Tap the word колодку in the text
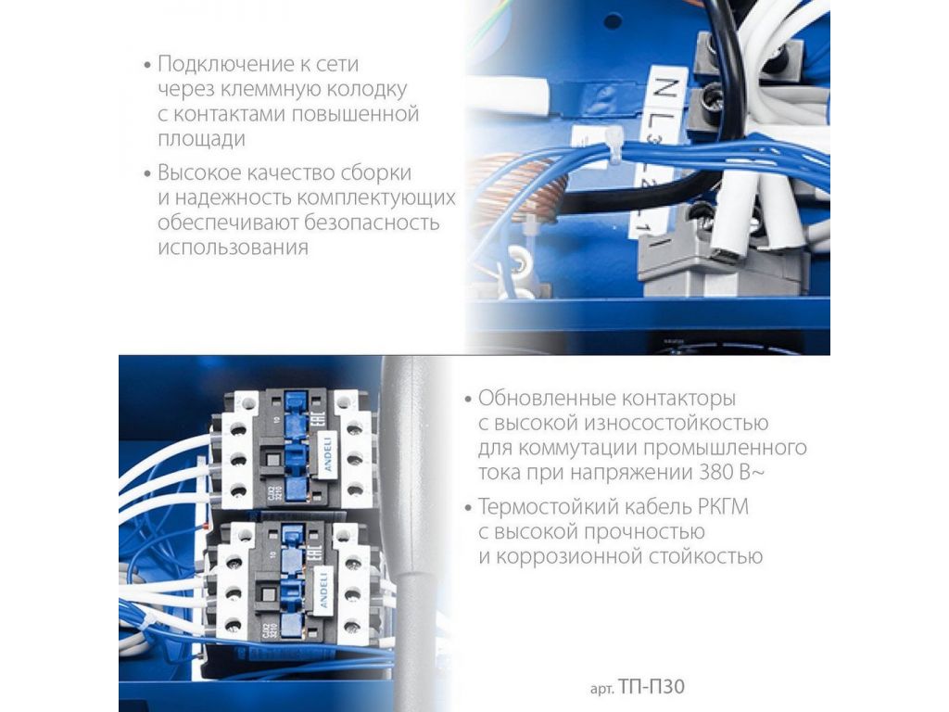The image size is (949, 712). pos(367,89)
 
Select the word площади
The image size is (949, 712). pos(201,139)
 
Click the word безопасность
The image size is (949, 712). pos(372,222)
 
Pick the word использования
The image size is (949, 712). pos(233,247)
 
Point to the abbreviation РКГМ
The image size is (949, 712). pos(723,507)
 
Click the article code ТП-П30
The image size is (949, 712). pos(652,688)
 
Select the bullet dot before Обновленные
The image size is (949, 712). pos(467,400)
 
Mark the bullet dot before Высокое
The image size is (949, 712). pos(147,174)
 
